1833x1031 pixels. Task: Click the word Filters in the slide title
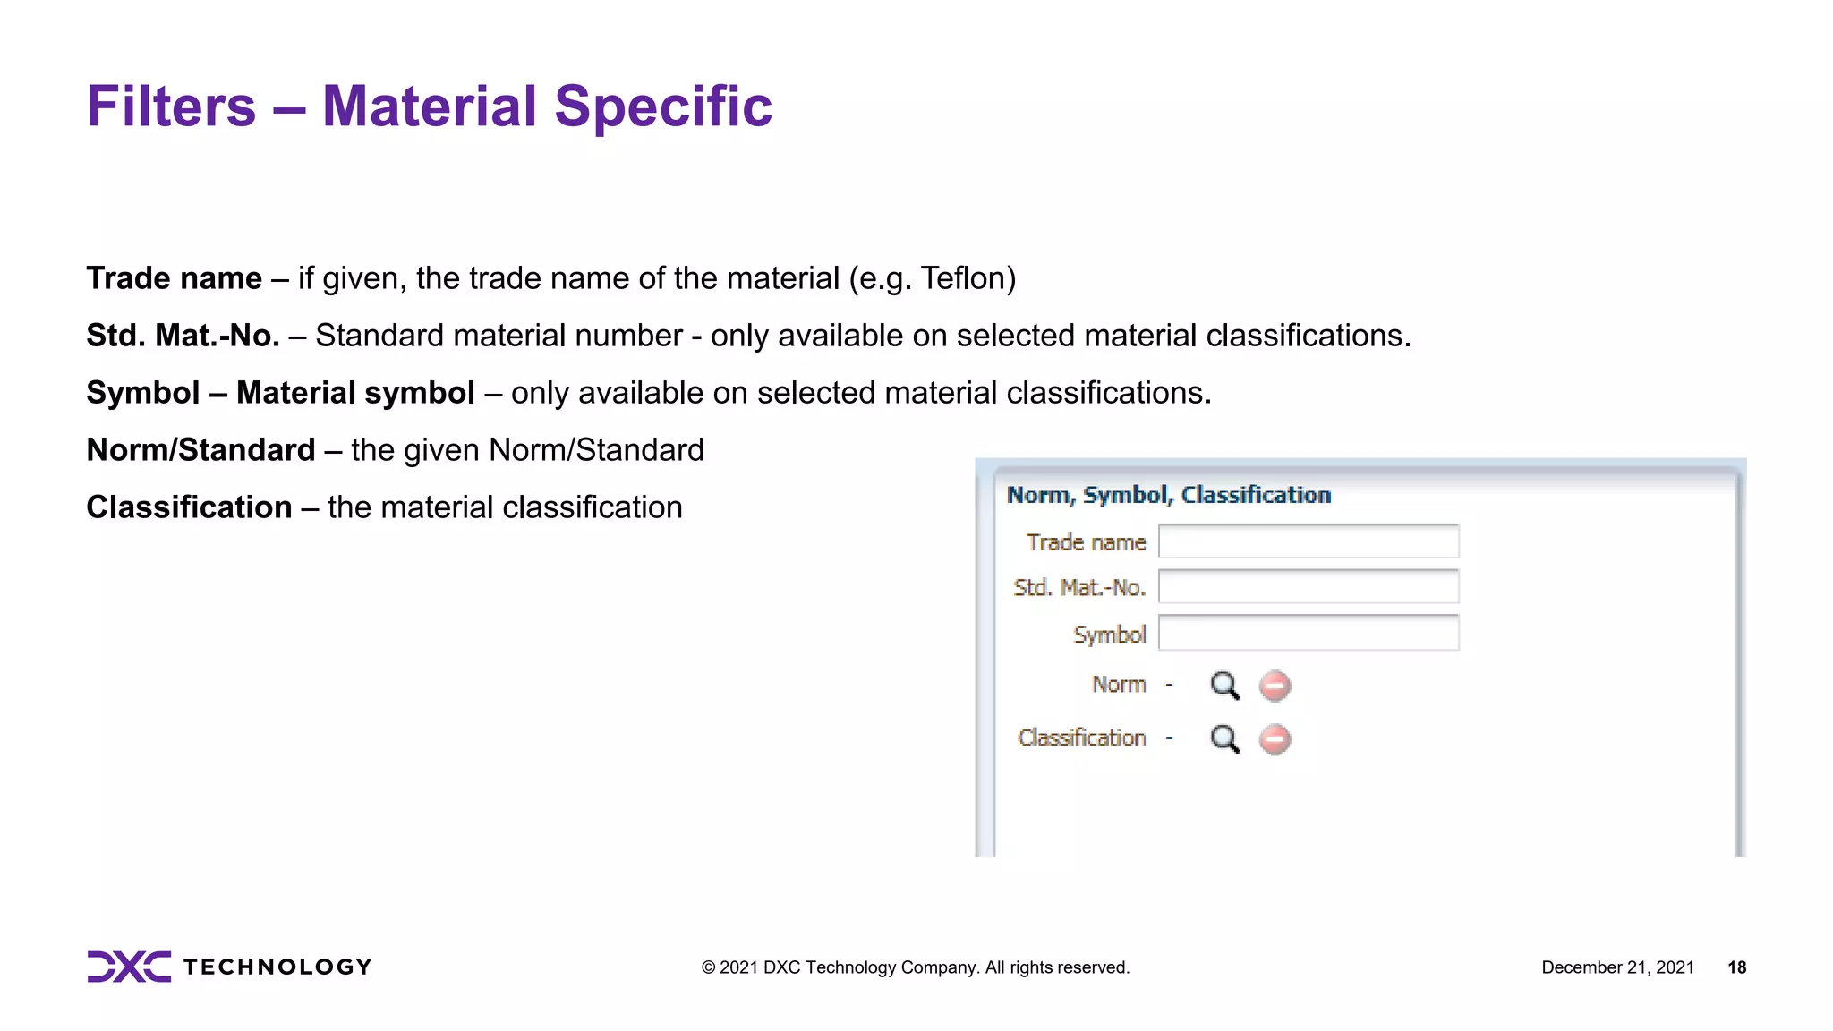[171, 107]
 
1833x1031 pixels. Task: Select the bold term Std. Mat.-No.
[183, 336]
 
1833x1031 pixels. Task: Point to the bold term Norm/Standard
[200, 450]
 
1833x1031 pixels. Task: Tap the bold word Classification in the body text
[189, 507]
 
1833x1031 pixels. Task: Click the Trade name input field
[1308, 541]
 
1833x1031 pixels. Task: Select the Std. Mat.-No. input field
[1308, 587]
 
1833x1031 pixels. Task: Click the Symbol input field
[1308, 633]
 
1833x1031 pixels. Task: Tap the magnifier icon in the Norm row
[1224, 686]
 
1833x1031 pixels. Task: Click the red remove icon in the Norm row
[1275, 686]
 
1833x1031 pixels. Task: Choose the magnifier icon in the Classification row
[1224, 739]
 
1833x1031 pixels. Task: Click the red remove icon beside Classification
[1275, 739]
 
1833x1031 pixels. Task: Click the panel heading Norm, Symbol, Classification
[1168, 495]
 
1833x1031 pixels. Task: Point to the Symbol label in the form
[1109, 635]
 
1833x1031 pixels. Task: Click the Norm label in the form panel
[1118, 685]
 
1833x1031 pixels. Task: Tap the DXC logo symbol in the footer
[129, 967]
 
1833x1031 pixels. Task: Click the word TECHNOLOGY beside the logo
[277, 967]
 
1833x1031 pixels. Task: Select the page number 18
[1736, 967]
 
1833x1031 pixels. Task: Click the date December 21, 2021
[1617, 967]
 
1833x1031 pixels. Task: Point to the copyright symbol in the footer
[708, 967]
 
